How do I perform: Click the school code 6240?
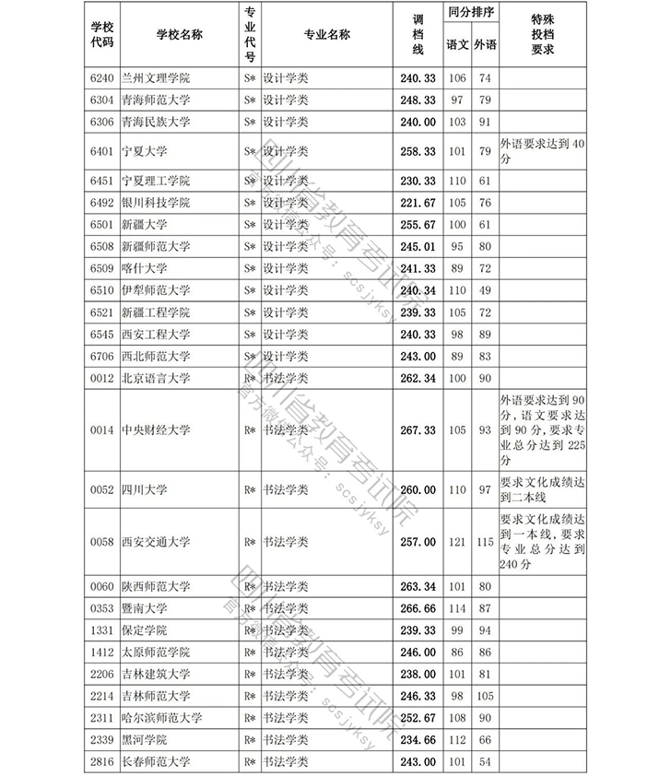101,78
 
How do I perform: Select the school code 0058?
101,542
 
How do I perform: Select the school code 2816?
101,762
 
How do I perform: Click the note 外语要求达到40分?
542,150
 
